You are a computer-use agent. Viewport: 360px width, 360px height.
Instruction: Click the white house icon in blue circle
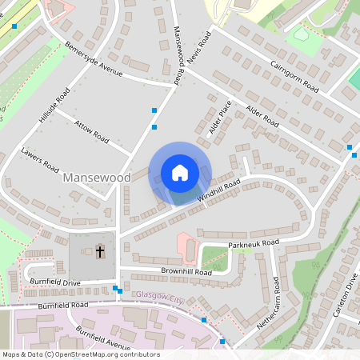tap(180, 173)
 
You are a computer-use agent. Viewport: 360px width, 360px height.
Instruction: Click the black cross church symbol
tap(100, 252)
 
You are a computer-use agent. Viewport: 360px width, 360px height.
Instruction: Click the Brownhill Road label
tap(185, 272)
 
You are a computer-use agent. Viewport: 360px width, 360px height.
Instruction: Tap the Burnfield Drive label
tap(57, 283)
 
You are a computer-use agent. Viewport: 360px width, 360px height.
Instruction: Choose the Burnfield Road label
tap(62, 306)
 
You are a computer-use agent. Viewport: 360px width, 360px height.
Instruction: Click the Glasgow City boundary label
tap(160, 298)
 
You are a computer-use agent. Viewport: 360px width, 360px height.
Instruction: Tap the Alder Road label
tap(262, 116)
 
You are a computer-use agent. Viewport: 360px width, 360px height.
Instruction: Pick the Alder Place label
tap(219, 117)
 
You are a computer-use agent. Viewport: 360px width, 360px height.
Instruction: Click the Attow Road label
tap(91, 130)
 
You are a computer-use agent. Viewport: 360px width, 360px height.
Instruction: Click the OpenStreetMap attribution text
tap(80, 354)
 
